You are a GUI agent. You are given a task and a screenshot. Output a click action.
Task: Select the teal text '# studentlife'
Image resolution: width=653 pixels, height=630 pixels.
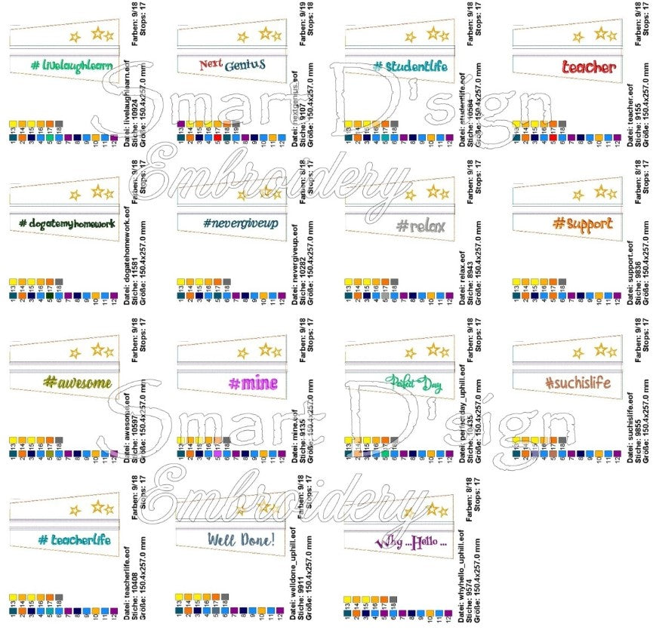point(410,66)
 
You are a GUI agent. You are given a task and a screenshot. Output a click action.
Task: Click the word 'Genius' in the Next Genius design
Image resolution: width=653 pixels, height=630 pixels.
point(245,66)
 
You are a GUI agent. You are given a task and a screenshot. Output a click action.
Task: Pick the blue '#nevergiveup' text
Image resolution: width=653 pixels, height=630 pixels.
point(241,224)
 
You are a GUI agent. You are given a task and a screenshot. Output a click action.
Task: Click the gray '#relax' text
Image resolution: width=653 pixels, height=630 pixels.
point(420,226)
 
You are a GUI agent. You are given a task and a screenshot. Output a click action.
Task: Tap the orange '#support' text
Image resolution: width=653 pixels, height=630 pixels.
point(582,224)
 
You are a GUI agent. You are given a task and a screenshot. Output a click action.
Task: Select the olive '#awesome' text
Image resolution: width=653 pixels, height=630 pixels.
point(78,383)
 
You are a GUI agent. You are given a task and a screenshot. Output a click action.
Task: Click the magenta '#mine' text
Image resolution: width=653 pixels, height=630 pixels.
point(253,383)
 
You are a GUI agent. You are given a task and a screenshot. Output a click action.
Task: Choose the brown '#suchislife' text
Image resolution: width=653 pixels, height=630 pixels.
point(578,383)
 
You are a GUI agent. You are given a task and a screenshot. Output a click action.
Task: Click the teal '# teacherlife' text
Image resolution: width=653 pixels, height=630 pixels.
point(74,540)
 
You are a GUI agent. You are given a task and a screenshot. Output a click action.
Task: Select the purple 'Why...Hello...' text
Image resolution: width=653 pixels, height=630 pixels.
point(411,542)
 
